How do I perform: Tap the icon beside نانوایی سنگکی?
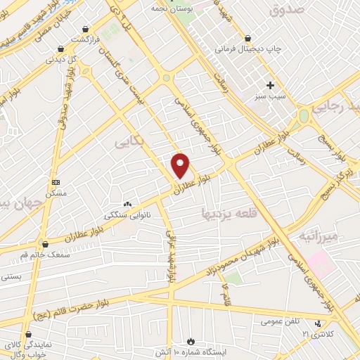(x=127, y=204)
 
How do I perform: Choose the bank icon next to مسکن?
(x=56, y=182)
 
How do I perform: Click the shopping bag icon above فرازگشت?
(x=86, y=30)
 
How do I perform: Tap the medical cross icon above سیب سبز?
(x=270, y=85)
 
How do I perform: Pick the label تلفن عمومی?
(x=276, y=321)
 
